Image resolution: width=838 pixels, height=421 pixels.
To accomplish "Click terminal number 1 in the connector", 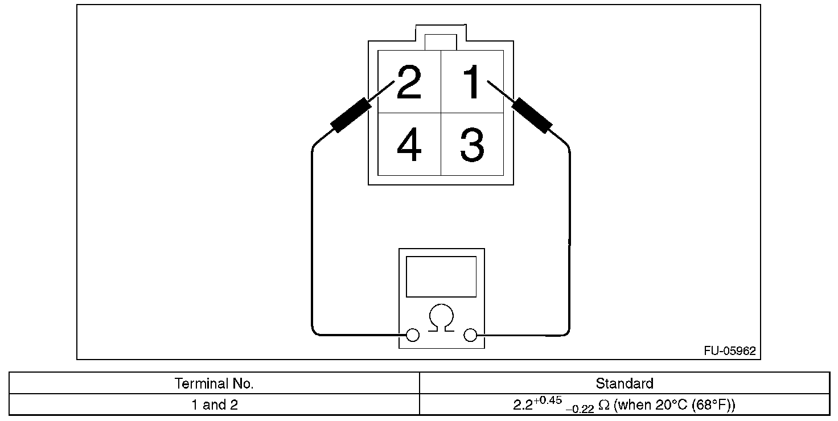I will click(x=472, y=82).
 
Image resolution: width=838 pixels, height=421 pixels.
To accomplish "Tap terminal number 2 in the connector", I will click(x=409, y=82).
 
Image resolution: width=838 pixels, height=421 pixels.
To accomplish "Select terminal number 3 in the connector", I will click(x=472, y=145).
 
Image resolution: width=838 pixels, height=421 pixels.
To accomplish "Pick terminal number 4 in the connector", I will click(x=409, y=145).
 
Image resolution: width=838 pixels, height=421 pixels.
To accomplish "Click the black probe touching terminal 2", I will click(x=351, y=115).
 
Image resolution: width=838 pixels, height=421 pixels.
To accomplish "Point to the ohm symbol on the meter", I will click(x=441, y=318).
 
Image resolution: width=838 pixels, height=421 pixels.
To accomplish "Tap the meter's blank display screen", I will click(x=441, y=276).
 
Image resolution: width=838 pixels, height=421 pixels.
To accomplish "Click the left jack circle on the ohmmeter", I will click(x=413, y=335).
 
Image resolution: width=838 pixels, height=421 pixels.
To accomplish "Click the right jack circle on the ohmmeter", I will click(x=470, y=335).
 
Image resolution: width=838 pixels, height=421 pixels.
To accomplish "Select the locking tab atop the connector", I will click(x=441, y=42).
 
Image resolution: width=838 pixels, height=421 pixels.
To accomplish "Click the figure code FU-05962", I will click(x=729, y=351).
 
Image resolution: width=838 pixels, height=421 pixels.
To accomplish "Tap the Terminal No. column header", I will click(x=214, y=383).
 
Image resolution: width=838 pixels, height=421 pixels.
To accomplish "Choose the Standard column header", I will click(x=625, y=383).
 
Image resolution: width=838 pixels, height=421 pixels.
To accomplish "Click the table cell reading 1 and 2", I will click(x=214, y=405).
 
